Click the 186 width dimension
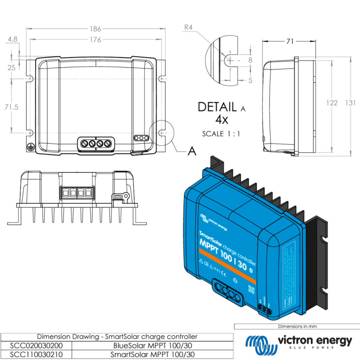click(x=95, y=29)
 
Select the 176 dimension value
click(x=95, y=40)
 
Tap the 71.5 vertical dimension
click(x=11, y=107)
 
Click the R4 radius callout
click(x=189, y=27)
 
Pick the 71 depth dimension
click(x=289, y=41)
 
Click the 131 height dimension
click(x=350, y=103)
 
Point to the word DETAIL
click(x=217, y=107)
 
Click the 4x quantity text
click(x=221, y=120)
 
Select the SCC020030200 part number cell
click(x=32, y=346)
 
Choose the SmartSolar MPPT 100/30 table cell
click(x=152, y=355)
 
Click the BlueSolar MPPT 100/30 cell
click(x=152, y=346)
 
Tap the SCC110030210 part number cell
click(x=32, y=355)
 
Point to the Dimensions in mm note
click(x=297, y=326)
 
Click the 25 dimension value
click(x=11, y=67)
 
